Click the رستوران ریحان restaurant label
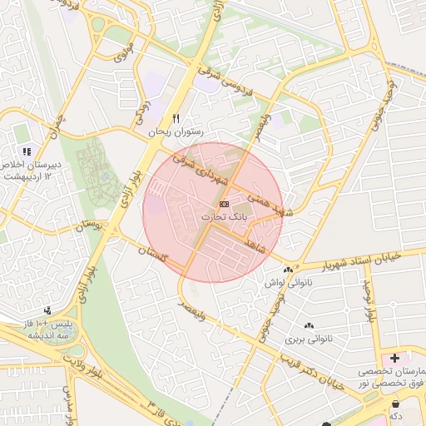176,131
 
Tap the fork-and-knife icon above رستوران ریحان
176,118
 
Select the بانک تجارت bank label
225,216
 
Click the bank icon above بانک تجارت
225,204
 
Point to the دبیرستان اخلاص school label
31,166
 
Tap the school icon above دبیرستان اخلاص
27,151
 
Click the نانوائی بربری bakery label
309,339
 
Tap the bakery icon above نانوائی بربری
309,325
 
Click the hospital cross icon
394,358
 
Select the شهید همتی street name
271,200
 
